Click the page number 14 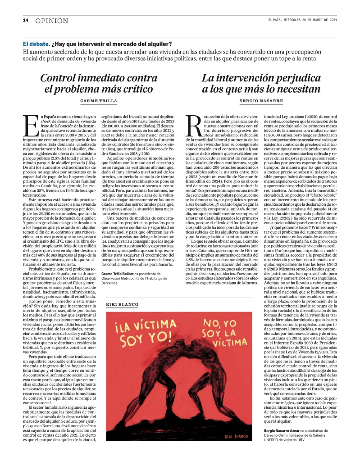tap(26, 20)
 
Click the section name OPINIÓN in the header tap(52, 21)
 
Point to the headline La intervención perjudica tap(261, 83)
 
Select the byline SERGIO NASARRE tap(261, 102)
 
